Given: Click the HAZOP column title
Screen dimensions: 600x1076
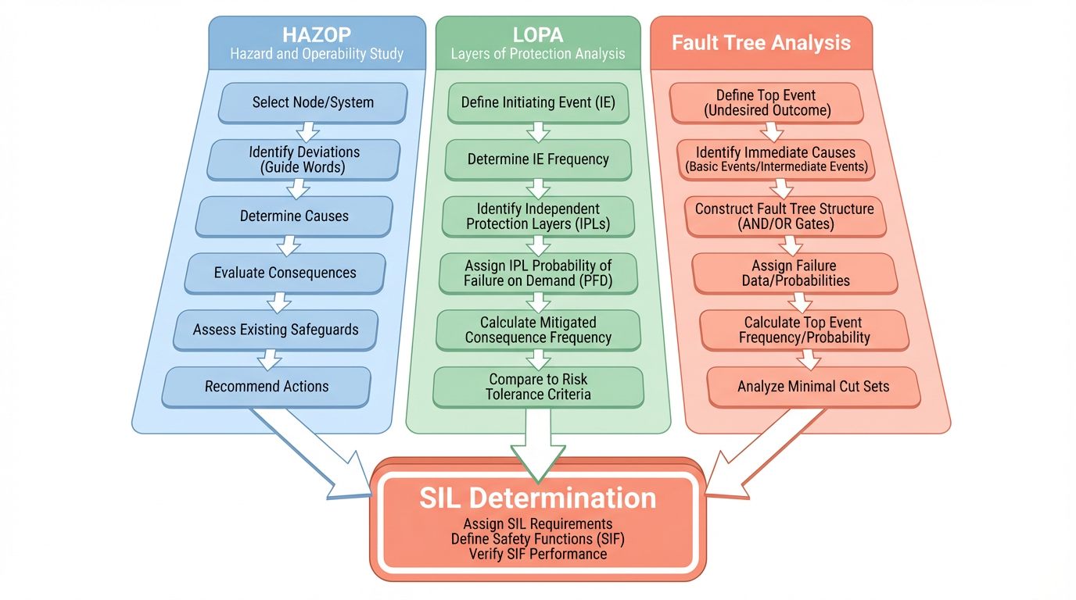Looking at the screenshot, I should (x=317, y=34).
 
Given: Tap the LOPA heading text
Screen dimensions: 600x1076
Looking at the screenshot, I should (x=538, y=34).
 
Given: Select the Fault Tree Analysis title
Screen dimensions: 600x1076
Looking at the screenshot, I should (x=761, y=42).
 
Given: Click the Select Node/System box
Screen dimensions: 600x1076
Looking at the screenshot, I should (x=313, y=102).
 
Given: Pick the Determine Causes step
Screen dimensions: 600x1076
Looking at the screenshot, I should (x=294, y=216).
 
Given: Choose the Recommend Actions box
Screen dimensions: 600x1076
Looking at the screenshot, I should (x=267, y=387).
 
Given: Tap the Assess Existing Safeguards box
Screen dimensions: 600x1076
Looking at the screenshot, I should (x=275, y=330).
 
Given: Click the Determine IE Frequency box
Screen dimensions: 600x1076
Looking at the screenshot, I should (x=538, y=159).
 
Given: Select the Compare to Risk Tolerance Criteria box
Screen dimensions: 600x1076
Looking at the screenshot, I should (x=538, y=387).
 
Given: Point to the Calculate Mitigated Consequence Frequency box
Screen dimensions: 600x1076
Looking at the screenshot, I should (x=538, y=330).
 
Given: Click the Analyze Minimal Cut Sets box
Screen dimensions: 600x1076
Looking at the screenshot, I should (x=813, y=387).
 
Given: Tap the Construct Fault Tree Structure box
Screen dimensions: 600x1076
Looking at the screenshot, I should (x=784, y=216).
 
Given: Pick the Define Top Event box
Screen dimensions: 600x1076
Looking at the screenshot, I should (x=767, y=103).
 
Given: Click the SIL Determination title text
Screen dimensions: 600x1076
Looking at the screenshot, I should (x=538, y=498).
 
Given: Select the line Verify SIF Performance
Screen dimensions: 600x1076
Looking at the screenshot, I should (x=538, y=554).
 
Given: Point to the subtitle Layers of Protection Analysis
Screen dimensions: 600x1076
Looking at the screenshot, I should (x=538, y=54).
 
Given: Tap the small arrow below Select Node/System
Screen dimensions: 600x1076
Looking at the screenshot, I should (x=307, y=130).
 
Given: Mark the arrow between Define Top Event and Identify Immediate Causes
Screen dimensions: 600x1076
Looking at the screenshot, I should (x=772, y=131).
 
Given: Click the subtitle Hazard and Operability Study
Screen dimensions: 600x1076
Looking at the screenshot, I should (x=317, y=54).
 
